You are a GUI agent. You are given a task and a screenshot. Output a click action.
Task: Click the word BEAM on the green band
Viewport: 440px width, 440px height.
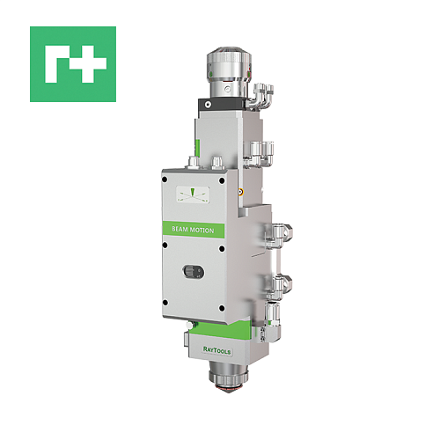tap(180, 229)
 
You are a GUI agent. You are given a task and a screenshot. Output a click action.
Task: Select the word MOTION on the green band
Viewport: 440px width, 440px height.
tap(203, 231)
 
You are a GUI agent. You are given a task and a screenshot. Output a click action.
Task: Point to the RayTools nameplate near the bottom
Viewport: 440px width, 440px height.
tap(216, 350)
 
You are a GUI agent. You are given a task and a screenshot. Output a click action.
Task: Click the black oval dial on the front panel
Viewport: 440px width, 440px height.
tap(194, 272)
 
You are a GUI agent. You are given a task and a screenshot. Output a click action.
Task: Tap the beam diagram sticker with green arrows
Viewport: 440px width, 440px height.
tap(193, 194)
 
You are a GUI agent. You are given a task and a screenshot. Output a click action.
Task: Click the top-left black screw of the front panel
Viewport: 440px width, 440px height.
tap(165, 180)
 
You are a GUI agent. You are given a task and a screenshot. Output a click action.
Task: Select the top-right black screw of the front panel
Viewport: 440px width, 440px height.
tap(222, 180)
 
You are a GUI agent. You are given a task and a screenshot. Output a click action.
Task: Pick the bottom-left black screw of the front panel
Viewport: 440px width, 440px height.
tap(165, 303)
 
